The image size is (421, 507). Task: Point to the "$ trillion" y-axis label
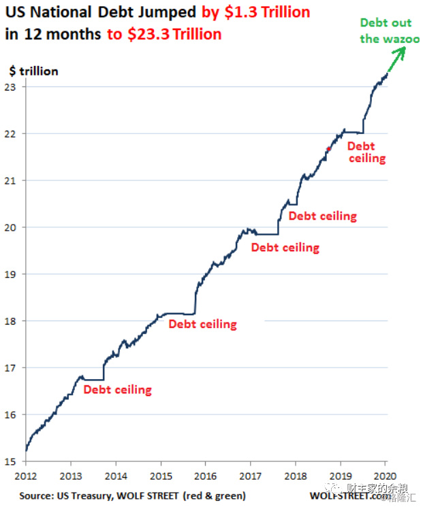(x=33, y=71)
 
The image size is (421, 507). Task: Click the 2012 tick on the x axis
(x=26, y=475)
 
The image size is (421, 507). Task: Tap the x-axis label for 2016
(x=206, y=475)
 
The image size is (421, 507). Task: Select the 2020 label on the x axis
(x=386, y=475)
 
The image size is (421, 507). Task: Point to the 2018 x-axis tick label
(x=296, y=475)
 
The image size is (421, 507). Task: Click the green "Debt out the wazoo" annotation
(x=385, y=31)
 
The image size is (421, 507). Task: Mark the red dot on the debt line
(x=328, y=150)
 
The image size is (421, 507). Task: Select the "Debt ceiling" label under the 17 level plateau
(x=117, y=390)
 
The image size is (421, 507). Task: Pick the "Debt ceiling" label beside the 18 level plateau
(x=202, y=324)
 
